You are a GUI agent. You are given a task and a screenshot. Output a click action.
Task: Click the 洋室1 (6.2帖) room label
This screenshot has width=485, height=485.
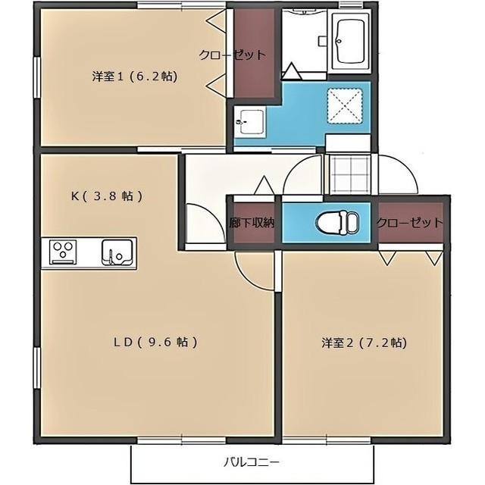(x=135, y=76)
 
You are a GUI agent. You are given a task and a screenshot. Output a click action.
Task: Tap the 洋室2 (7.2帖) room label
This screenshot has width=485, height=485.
(x=364, y=343)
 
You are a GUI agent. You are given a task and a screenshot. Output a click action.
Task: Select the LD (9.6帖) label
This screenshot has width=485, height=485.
(x=155, y=342)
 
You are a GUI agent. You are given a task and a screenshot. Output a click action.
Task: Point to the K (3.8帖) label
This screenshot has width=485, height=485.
(x=107, y=196)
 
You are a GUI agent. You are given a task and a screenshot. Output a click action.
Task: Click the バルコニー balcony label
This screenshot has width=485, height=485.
(x=251, y=462)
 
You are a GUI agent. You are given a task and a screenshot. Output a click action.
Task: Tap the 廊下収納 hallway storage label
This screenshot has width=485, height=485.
(x=252, y=223)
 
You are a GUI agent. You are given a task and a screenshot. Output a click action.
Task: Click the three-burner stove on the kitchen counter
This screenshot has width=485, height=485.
(x=64, y=252)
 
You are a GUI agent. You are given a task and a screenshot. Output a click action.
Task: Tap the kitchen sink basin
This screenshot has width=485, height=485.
(x=117, y=252)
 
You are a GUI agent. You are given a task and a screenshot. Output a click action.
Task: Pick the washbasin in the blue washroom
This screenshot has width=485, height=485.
(x=249, y=121)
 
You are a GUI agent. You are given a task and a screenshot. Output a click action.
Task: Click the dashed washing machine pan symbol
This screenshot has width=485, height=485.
(x=345, y=106)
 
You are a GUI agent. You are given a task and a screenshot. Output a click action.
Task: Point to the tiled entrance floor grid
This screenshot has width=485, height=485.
(x=350, y=174)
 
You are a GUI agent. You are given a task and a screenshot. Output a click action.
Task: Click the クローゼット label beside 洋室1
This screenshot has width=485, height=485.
(x=233, y=55)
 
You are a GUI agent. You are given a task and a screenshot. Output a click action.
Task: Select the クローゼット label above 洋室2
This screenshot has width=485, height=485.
(x=409, y=222)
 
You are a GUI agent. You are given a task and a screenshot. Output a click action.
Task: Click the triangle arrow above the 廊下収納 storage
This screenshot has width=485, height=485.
(x=264, y=185)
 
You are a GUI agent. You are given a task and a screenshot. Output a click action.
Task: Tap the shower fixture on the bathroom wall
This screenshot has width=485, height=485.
(x=322, y=41)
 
